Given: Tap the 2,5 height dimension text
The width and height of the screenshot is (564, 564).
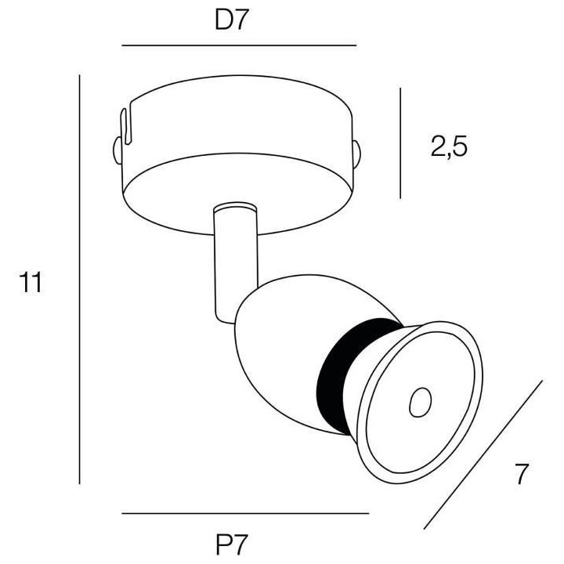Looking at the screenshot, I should pos(449,146).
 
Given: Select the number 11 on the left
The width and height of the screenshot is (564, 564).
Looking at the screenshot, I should pos(31,283).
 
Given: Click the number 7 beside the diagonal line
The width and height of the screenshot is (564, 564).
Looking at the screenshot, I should pos(521,475).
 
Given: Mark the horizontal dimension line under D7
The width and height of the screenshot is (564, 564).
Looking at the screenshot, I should pos(239,46).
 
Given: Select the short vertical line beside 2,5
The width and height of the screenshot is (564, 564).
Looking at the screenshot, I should pos(400,143).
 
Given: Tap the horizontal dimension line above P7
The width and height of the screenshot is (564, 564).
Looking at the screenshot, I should pos(245,513).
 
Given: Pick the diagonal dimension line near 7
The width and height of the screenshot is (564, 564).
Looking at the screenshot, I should pos(484,454).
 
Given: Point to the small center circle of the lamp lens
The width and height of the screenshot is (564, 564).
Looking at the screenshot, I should pos(421,403).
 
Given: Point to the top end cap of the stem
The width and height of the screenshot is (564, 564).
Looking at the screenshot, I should pos(233,209).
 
